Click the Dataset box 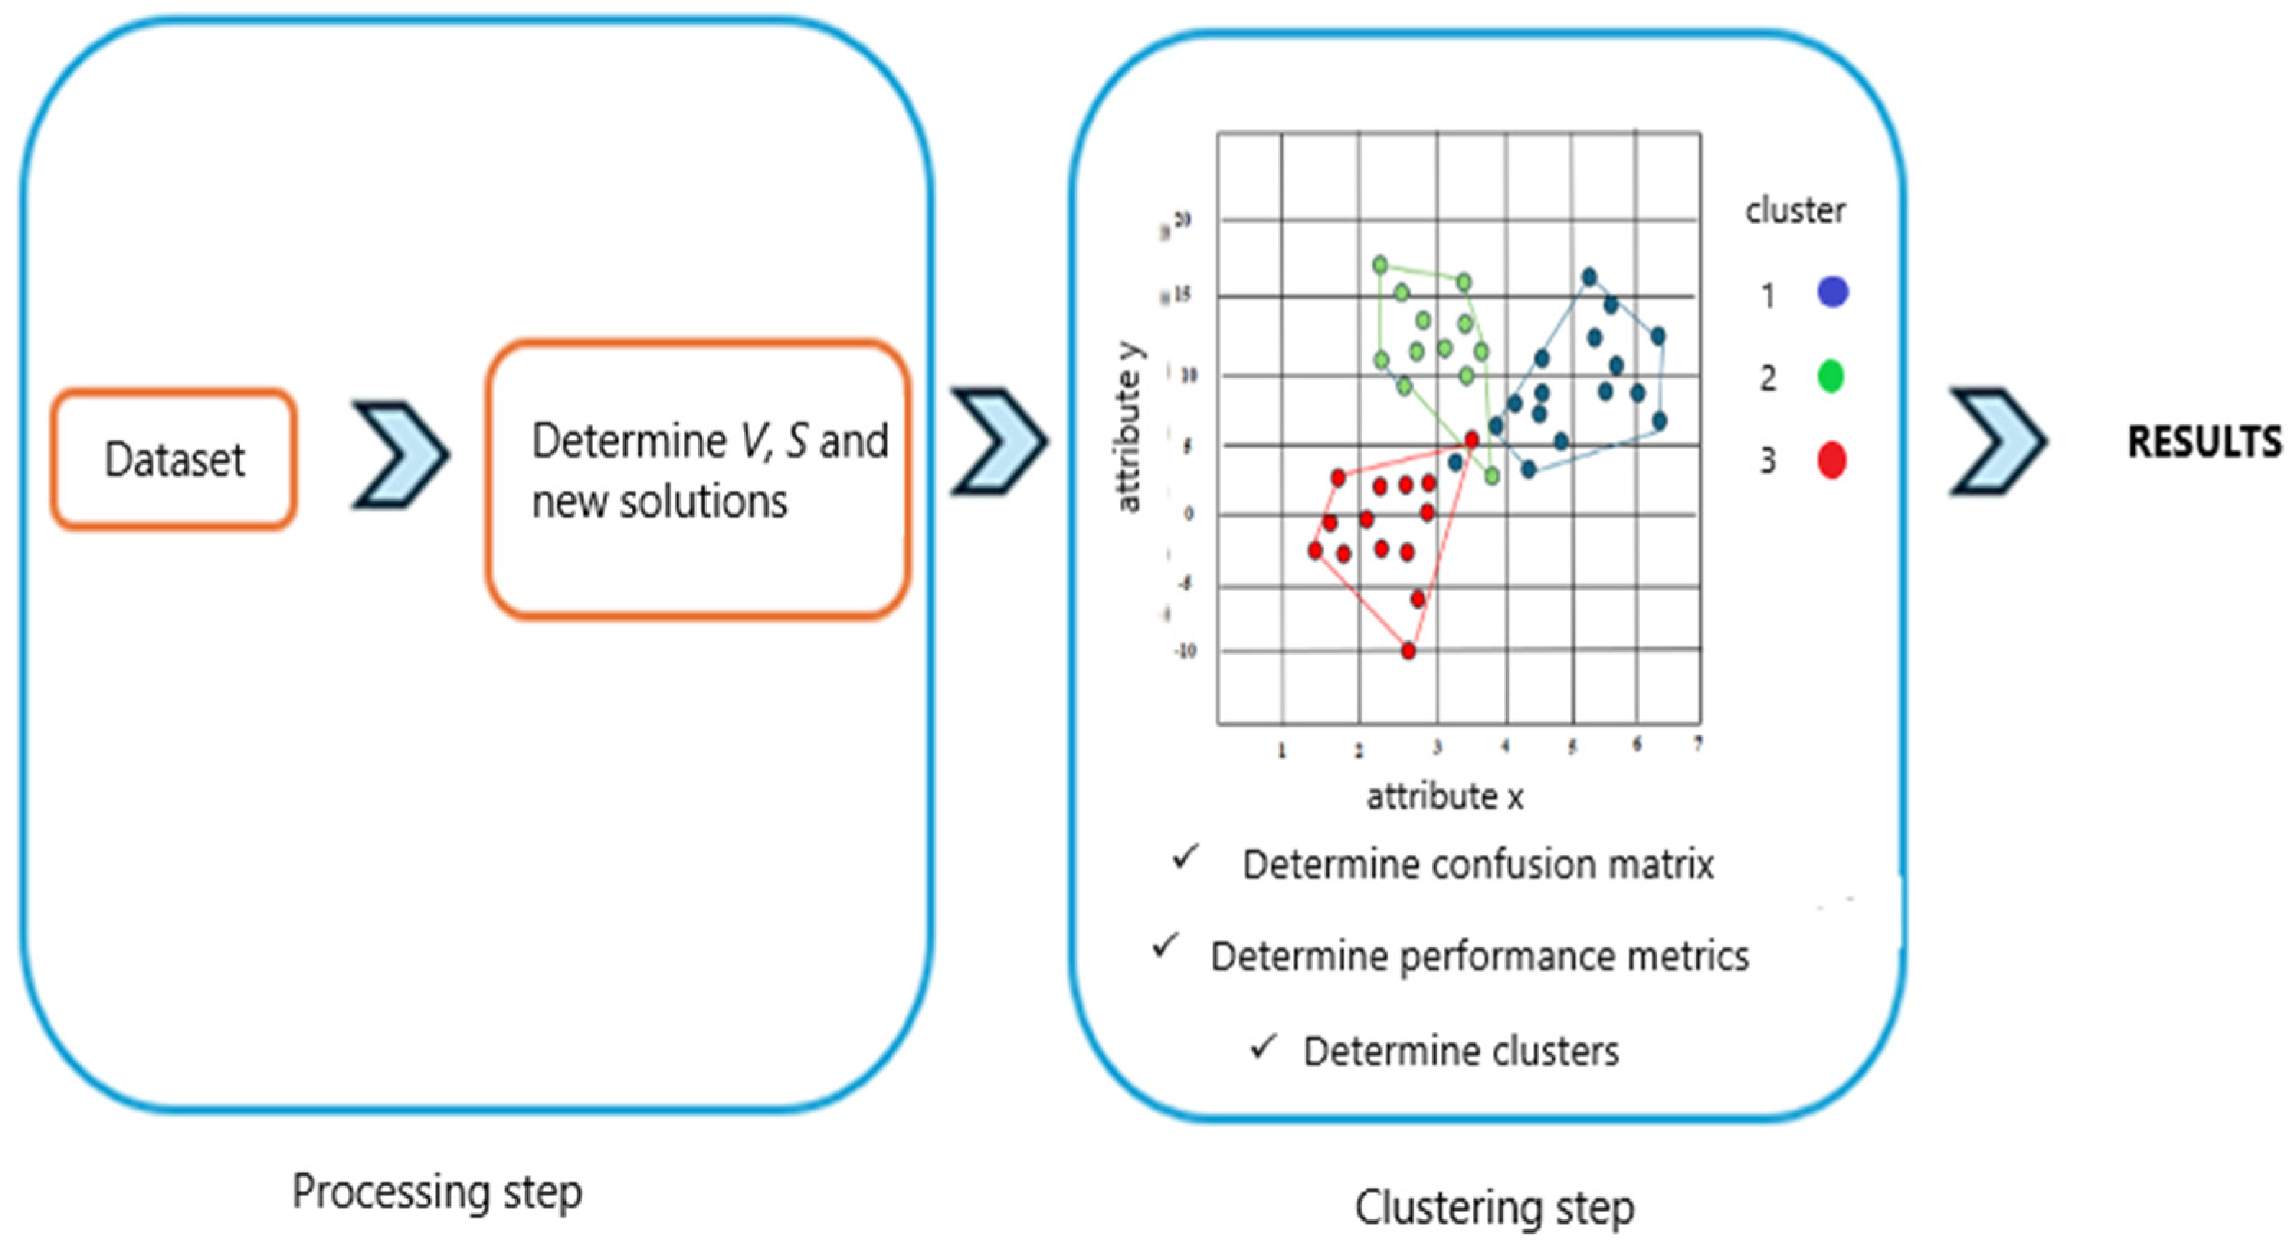tap(173, 459)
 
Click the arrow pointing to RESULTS tap(1997, 442)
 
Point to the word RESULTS tap(2204, 442)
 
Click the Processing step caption tap(437, 1191)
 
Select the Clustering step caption tap(1495, 1208)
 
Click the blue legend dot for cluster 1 tap(1832, 292)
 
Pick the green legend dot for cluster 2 tap(1830, 376)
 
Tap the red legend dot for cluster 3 tap(1831, 460)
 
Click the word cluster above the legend tap(1794, 211)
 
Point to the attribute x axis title tap(1444, 796)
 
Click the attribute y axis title tap(1128, 429)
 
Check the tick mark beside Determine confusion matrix tap(1185, 856)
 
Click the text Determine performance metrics tap(1480, 957)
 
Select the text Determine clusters tap(1461, 1051)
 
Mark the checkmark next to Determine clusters tap(1263, 1046)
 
